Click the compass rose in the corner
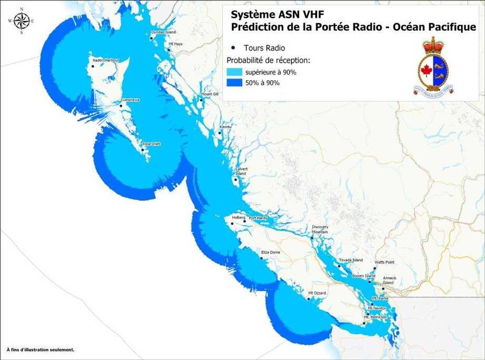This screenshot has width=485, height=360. pyautogui.click(x=22, y=21)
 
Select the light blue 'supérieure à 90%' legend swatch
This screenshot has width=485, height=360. pyautogui.click(x=235, y=72)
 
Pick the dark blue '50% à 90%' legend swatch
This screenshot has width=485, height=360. pyautogui.click(x=235, y=83)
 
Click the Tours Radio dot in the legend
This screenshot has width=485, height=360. pyautogui.click(x=233, y=47)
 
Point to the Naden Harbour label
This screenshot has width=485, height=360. pyautogui.click(x=106, y=61)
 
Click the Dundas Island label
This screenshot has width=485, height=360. pyautogui.click(x=163, y=32)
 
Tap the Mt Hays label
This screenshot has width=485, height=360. pyautogui.click(x=175, y=44)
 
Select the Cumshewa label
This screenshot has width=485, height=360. pyautogui.click(x=130, y=100)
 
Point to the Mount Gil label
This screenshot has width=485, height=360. pyautogui.click(x=210, y=94)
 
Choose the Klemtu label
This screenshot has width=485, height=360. pyautogui.click(x=225, y=127)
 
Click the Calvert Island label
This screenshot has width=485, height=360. pyautogui.click(x=240, y=171)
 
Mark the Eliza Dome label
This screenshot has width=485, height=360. pyautogui.click(x=271, y=252)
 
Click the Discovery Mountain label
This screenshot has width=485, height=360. pyautogui.click(x=320, y=229)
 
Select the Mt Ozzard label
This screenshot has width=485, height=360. pyautogui.click(x=318, y=293)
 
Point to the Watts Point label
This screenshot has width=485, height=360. pyautogui.click(x=384, y=262)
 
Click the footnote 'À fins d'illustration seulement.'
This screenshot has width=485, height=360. pyautogui.click(x=40, y=349)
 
